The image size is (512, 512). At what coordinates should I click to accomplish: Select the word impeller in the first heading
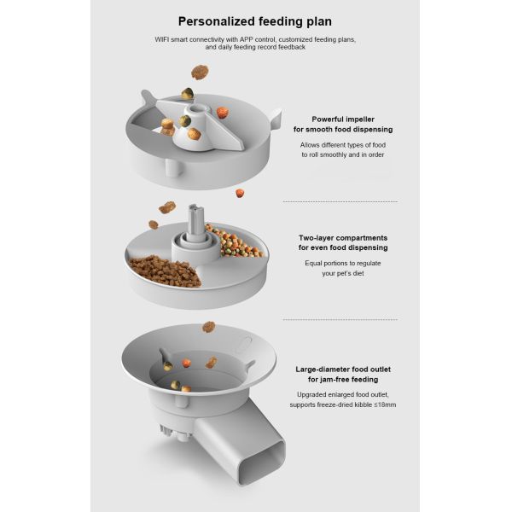359,119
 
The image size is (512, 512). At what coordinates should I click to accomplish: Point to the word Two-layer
314,238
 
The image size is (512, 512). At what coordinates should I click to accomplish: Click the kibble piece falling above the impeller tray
200,72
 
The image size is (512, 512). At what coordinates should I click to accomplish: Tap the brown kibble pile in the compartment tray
165,271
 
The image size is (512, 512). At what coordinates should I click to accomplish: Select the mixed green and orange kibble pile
233,241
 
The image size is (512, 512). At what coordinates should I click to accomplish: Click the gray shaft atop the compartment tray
196,219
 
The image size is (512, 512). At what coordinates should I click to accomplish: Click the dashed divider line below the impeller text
340,202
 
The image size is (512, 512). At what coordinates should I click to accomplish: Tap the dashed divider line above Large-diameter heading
340,320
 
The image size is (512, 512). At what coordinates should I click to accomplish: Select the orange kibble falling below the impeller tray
240,193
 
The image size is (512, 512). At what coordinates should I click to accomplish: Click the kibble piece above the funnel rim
209,327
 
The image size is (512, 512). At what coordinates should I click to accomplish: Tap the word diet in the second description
358,273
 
